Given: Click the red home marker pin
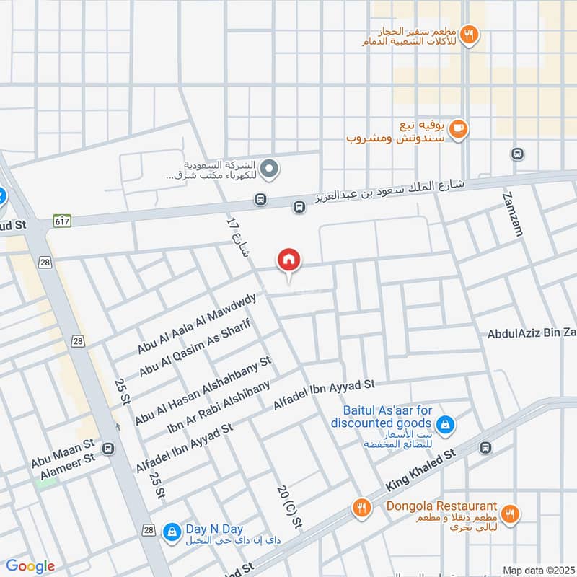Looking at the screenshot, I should pos(289,260).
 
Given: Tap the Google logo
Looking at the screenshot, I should pos(30,566).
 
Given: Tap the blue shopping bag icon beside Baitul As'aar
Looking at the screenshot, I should pos(446,423).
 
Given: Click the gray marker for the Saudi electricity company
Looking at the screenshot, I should pos(269,169).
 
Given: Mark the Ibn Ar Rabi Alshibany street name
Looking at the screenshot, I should pos(219,408).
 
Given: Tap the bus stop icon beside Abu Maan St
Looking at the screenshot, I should pos(108,449).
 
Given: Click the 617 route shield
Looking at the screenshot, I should pos(61,224).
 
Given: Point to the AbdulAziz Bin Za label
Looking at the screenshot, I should pos(532,333).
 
